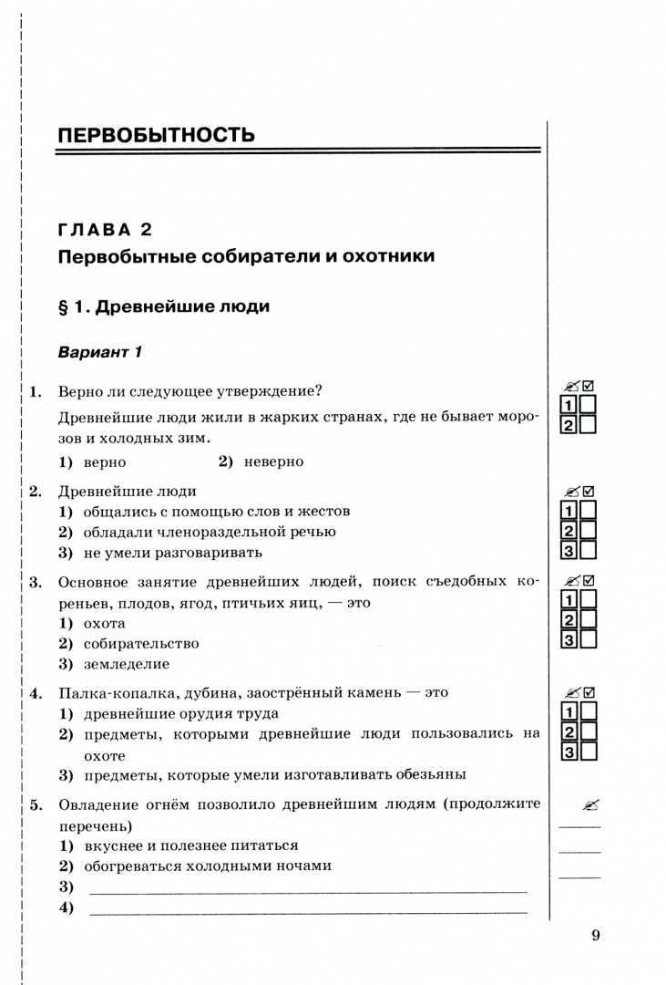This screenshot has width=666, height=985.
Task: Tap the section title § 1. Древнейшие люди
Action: tap(164, 306)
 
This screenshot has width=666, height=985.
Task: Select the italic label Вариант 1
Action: tap(101, 352)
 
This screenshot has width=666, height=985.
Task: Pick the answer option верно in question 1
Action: tap(105, 461)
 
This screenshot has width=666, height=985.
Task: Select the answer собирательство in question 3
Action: tap(141, 643)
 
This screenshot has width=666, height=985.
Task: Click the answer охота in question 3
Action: tap(105, 623)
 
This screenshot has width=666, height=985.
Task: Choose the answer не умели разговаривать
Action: tap(173, 552)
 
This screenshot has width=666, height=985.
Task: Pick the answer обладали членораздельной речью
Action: tap(210, 532)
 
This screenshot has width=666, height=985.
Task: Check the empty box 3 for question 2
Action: tap(588, 550)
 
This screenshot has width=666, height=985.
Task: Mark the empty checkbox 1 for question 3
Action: tap(588, 599)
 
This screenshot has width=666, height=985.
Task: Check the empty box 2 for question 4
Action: tap(588, 731)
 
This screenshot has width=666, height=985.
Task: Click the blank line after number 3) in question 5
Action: tap(307, 889)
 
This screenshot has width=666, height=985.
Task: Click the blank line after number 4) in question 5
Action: tap(307, 910)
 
